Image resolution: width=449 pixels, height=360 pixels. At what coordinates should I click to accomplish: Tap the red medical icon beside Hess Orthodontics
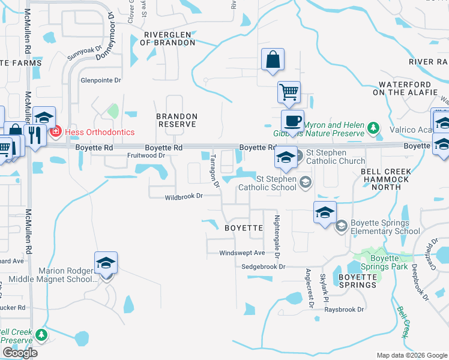tap(55, 131)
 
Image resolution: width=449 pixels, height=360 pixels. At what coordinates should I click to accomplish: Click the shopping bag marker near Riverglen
tap(273, 60)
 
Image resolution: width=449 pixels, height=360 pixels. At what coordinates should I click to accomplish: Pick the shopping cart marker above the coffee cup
tap(289, 92)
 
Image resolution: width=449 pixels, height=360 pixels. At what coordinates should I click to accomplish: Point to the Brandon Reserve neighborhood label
tap(176, 119)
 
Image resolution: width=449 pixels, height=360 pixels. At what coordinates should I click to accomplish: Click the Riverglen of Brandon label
tap(167, 38)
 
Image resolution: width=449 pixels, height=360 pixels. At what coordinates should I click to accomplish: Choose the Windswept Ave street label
tap(242, 253)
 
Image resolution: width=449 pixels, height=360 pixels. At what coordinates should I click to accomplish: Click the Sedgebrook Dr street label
tap(264, 266)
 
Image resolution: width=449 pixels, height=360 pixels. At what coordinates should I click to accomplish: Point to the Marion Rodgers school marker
tap(105, 263)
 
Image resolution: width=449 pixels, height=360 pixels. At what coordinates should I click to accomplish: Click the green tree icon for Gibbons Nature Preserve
tap(373, 127)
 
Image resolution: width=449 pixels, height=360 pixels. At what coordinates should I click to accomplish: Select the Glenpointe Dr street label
tap(101, 80)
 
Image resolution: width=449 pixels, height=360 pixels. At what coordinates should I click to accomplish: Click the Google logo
tap(19, 353)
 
